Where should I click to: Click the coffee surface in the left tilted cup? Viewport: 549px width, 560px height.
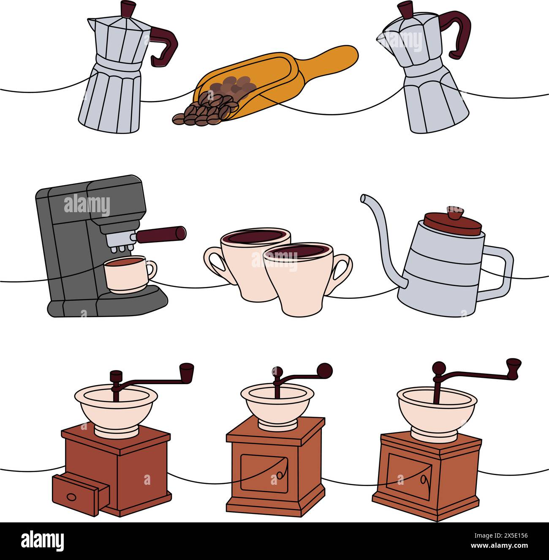(256, 236)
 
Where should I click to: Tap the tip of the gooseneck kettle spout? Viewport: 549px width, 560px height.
(363, 197)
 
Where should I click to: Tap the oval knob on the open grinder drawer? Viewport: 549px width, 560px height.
(72, 496)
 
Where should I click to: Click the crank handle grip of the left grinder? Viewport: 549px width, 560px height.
(186, 372)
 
